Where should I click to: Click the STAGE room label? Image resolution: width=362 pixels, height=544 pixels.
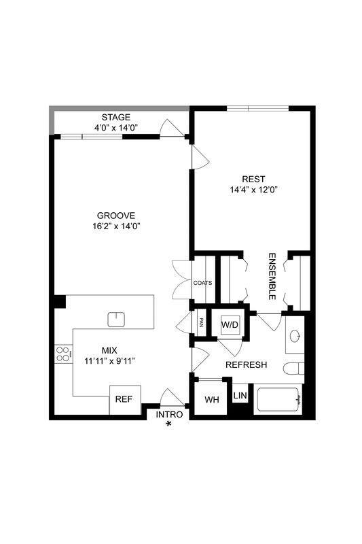point(115,117)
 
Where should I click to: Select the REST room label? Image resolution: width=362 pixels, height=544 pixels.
point(253,180)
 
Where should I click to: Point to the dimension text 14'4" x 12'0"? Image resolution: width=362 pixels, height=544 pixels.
point(253,190)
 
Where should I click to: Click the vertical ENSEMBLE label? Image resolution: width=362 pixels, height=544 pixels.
point(271,277)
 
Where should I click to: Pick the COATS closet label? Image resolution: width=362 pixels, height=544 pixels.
point(202,283)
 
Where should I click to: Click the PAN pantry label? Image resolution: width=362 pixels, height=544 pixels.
point(201,322)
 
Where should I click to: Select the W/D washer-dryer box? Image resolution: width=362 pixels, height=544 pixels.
point(230,325)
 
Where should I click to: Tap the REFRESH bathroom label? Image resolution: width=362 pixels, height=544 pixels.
point(246,365)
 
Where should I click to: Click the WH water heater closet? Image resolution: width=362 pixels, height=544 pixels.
point(211,399)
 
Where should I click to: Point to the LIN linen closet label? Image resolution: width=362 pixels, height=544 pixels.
point(240,395)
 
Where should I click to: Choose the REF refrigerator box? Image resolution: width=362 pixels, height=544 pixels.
point(123,399)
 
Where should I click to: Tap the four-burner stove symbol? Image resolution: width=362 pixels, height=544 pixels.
point(63,354)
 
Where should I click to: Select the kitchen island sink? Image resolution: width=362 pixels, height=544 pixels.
point(117,318)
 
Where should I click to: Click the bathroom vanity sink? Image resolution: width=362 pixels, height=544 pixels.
point(295,336)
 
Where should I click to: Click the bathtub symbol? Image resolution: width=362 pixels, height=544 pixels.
point(276,401)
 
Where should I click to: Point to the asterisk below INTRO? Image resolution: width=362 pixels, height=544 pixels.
point(168,425)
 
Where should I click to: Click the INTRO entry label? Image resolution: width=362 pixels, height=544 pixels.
point(168,414)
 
